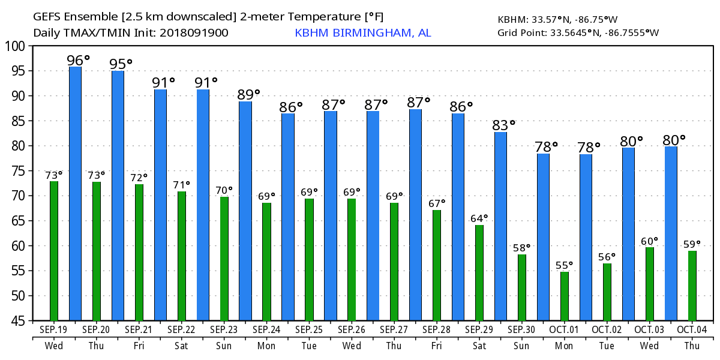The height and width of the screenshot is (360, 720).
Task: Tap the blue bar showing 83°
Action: tap(500, 226)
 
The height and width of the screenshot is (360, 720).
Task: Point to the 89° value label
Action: tap(248, 94)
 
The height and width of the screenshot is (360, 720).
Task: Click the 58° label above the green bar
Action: tap(521, 247)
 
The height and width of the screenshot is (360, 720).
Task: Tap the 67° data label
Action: tap(437, 203)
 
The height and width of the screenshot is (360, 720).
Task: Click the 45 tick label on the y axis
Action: tap(17, 321)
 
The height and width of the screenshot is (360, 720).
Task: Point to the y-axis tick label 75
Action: tap(17, 171)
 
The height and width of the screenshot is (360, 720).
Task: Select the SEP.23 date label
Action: tap(224, 329)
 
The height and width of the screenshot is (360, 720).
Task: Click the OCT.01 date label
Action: tap(565, 329)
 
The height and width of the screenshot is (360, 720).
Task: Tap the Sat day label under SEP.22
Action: tap(181, 346)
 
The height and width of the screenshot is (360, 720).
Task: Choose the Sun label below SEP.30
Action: tap(521, 346)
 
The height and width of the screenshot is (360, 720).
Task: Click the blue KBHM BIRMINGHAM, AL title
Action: tap(362, 33)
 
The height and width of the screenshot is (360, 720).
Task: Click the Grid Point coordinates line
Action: tap(578, 32)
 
